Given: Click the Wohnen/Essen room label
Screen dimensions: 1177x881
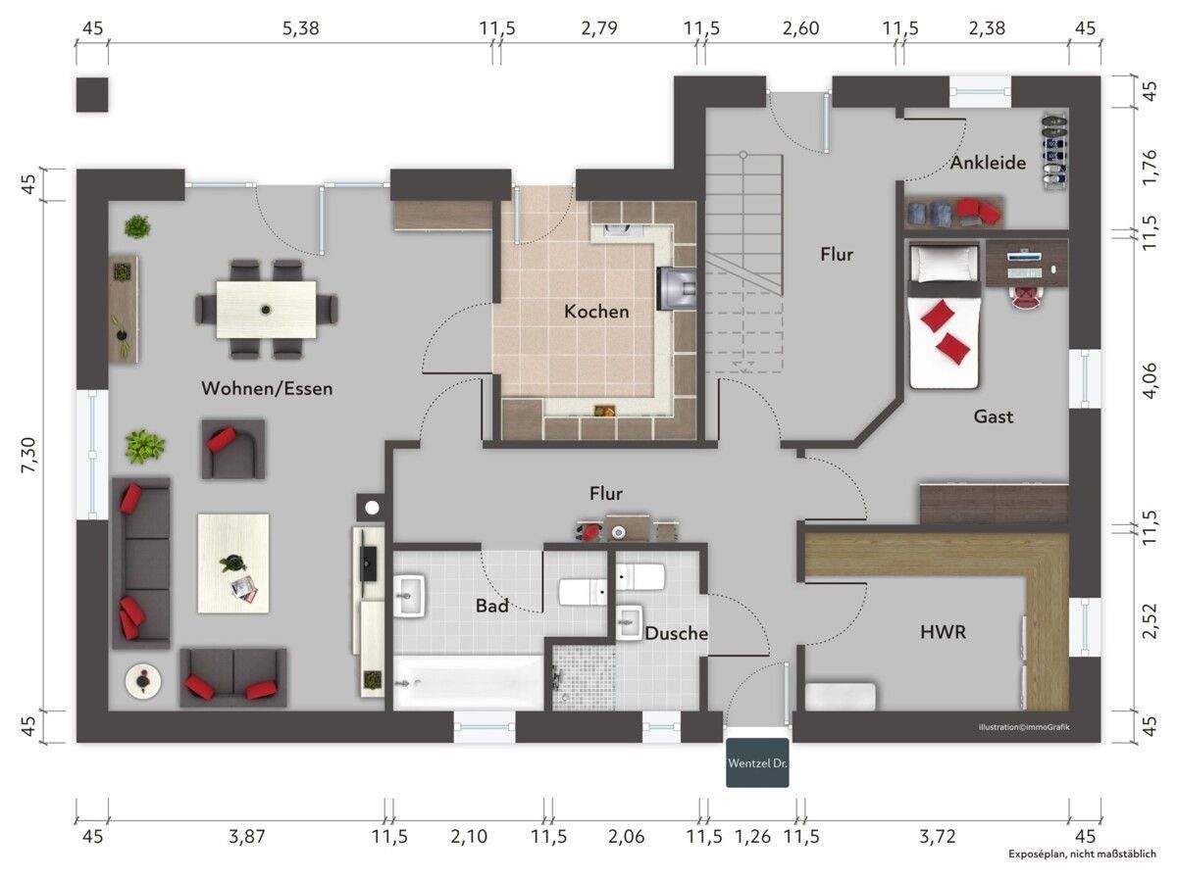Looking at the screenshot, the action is [267, 388].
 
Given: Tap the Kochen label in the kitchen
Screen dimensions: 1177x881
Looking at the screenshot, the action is [596, 312].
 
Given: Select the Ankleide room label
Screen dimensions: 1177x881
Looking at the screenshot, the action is [988, 163].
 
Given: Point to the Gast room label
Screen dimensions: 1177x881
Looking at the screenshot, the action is [993, 416].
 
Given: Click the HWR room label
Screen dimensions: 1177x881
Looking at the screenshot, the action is [944, 632].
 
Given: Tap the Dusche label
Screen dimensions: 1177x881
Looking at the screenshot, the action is [676, 633].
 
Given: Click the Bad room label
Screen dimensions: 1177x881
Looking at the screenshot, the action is [491, 606].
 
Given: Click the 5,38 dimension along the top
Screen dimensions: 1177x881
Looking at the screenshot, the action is [301, 27].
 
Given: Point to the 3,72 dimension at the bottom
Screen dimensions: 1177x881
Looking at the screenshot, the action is [938, 836].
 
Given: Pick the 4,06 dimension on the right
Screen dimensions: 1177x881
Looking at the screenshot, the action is [1150, 381].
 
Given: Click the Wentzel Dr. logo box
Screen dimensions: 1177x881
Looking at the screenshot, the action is [757, 762].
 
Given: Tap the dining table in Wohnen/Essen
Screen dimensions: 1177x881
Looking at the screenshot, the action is [266, 310].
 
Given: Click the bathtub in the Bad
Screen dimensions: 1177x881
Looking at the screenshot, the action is [469, 682].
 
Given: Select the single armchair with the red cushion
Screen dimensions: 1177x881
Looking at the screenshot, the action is [232, 449].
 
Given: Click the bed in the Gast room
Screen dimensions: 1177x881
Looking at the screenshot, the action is [945, 315].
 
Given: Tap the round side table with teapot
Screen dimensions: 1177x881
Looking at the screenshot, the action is [143, 680].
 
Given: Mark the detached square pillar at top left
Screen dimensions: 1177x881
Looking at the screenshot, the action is [91, 95].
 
